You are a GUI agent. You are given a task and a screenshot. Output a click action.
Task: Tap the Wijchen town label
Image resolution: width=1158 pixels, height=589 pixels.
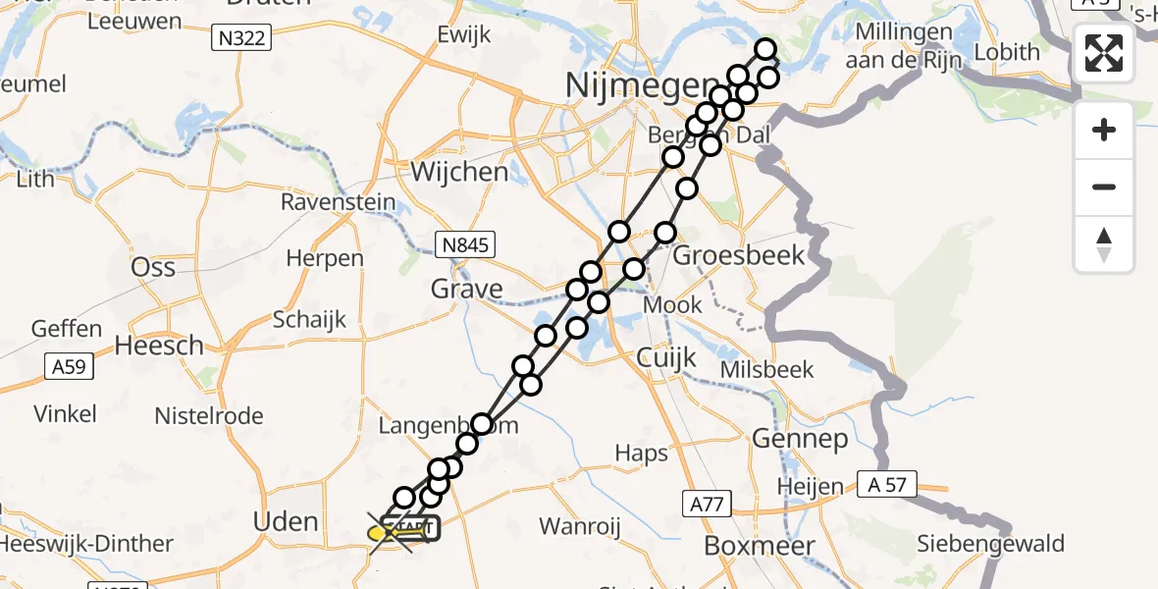[x=460, y=173]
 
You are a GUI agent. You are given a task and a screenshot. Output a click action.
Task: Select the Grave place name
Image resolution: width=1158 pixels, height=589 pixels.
[x=467, y=290]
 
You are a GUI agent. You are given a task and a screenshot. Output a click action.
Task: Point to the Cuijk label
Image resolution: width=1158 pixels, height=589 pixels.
[x=666, y=357]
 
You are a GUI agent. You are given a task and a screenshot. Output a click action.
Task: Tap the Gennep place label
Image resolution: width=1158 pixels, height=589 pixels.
[x=800, y=439]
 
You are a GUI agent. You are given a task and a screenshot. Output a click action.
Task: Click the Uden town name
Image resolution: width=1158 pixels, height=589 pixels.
[x=286, y=521]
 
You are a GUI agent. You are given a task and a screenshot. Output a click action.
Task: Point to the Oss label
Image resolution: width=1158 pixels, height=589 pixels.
[x=153, y=268]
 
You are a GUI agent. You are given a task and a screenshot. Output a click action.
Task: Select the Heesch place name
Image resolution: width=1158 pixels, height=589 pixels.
[x=159, y=346]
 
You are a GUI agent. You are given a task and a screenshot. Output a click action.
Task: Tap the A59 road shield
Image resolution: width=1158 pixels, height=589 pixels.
[x=69, y=368]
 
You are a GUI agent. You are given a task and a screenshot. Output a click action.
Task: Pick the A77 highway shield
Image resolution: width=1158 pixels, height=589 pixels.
[x=707, y=505]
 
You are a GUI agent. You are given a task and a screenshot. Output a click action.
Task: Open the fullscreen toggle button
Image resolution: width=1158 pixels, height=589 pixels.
[x=1104, y=53]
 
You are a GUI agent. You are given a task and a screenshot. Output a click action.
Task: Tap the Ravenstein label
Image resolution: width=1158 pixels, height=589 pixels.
[x=339, y=203]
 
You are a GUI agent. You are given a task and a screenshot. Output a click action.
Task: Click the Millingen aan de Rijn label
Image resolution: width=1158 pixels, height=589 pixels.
[x=904, y=45]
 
